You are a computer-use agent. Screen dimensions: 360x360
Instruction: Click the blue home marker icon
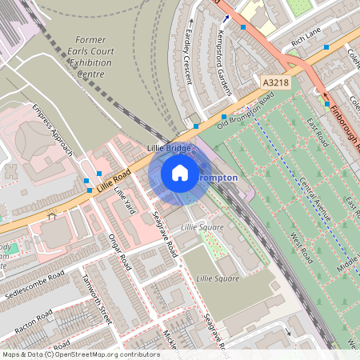coord(180,173)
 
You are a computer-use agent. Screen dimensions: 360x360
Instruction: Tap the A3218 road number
coord(274,82)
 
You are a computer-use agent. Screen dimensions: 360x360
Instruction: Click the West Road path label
coord(300,248)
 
